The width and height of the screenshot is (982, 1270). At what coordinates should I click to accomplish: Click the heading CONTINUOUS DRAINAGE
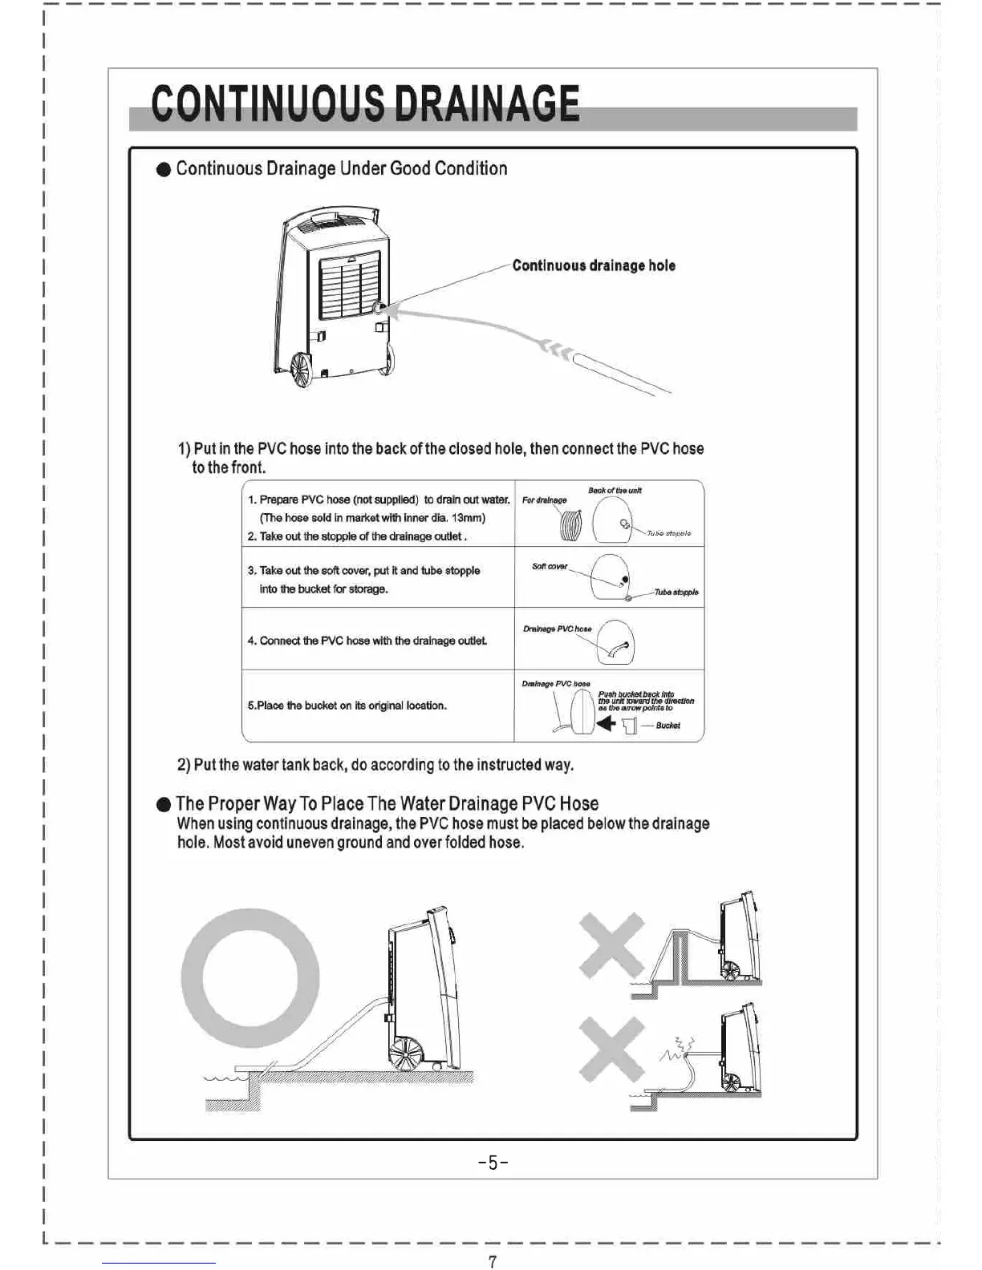pos(365,104)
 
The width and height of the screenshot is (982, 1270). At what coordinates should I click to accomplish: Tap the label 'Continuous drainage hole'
pos(594,265)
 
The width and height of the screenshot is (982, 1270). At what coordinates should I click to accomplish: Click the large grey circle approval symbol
pos(250,977)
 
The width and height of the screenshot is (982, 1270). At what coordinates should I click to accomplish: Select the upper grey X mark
pos(611,946)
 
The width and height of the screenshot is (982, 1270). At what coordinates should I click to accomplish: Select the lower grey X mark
pos(611,1050)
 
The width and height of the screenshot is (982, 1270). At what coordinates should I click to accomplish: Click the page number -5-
pos(493,1162)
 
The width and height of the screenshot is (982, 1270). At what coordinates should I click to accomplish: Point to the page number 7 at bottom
pos(492,1261)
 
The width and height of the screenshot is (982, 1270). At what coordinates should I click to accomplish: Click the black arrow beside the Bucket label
pos(606,723)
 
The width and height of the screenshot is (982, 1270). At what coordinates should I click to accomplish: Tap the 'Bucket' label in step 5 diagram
pos(668,726)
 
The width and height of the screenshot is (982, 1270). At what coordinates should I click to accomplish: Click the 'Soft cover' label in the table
pos(550,567)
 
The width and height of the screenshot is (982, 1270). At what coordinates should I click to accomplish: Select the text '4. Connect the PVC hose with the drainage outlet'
pos(367,641)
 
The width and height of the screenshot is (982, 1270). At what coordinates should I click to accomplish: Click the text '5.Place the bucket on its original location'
pos(347,706)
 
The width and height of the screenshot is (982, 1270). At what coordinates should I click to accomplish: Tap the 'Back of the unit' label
pos(615,490)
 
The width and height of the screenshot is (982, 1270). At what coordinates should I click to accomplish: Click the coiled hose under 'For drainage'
pos(570,526)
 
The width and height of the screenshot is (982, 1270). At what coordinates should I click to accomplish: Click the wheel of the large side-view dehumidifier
pos(406,1052)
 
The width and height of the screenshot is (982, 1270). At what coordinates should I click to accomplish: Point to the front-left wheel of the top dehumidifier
pos(302,371)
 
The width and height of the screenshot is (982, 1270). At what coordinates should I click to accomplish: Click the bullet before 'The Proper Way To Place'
pos(164,804)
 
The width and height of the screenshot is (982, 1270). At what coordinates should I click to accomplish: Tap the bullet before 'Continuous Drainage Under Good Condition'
pos(164,169)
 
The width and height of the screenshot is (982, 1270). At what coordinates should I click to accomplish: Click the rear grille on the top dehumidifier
pos(349,285)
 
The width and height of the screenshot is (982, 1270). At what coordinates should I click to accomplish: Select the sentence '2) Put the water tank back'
pos(375,765)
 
